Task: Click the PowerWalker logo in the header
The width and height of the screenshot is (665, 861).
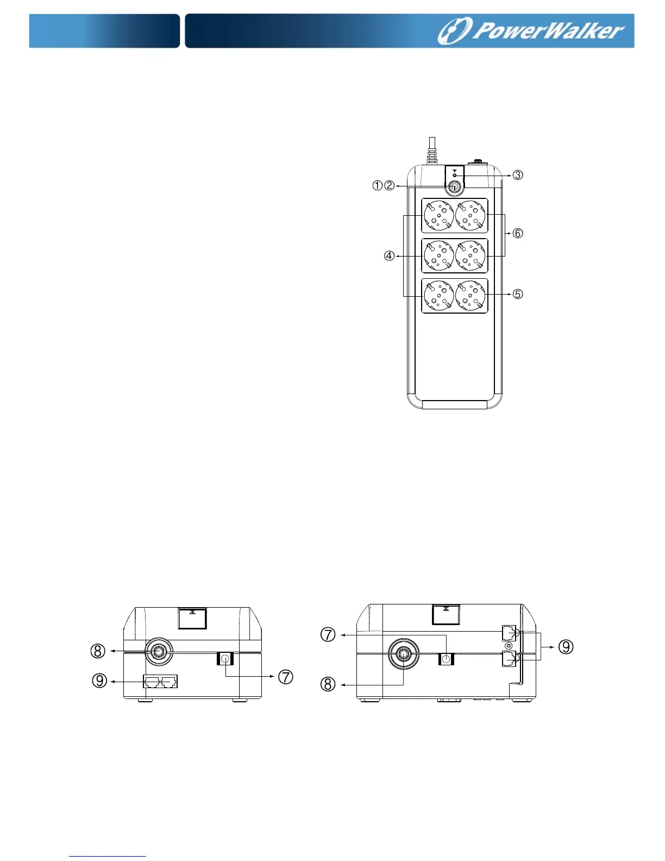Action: tap(531, 31)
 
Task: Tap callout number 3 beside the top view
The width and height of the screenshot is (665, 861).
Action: tap(518, 174)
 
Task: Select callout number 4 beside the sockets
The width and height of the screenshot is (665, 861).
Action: tap(390, 256)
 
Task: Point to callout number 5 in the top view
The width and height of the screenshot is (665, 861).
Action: tap(518, 294)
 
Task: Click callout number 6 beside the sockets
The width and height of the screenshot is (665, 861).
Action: tap(518, 233)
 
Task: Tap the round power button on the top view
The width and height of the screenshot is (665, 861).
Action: tap(454, 187)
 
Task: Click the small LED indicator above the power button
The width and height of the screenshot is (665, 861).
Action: tap(455, 175)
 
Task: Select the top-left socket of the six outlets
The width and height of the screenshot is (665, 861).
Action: tap(439, 216)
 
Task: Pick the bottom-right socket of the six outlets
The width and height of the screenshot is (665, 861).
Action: tap(470, 296)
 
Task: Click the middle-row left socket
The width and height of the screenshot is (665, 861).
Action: tap(439, 255)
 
